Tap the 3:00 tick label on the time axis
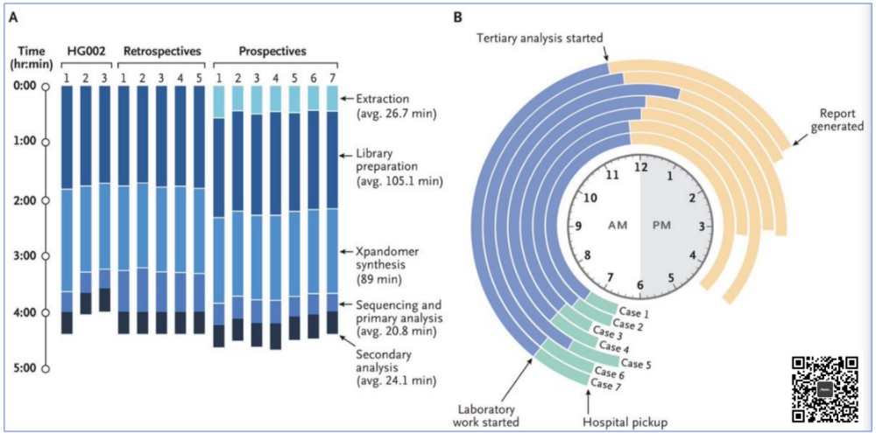click(25, 255)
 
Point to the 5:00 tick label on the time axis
click(25, 367)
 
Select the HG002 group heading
click(84, 51)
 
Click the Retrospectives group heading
click(159, 51)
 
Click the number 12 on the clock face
click(639, 168)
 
